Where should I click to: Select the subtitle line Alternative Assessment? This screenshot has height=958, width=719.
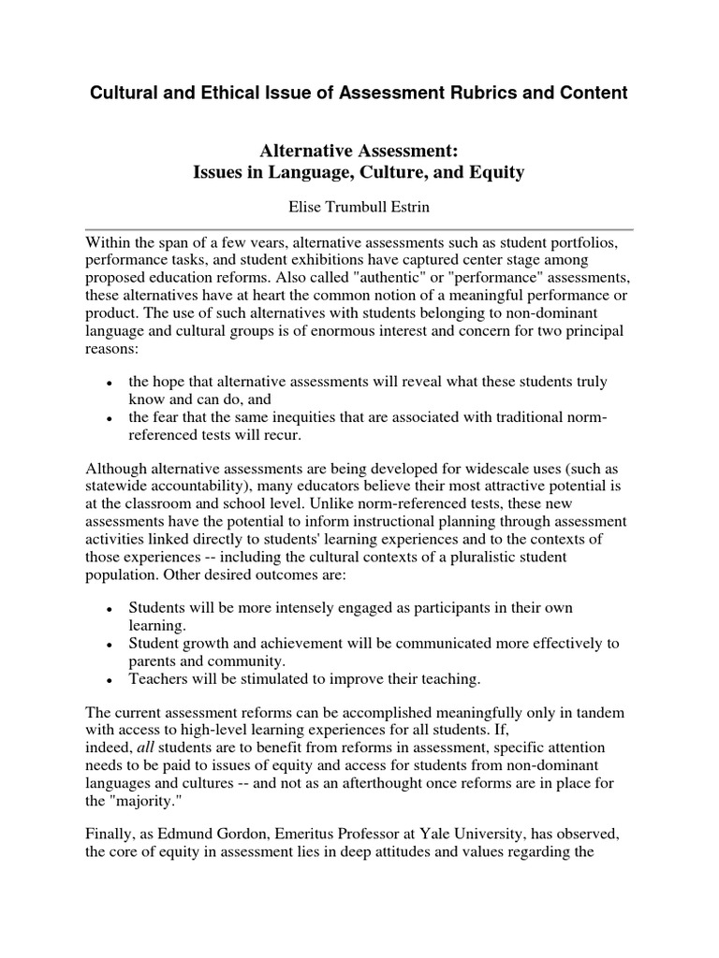point(359,152)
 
